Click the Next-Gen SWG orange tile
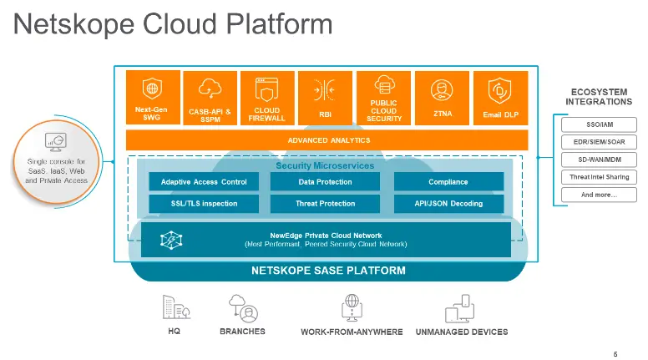[x=152, y=98]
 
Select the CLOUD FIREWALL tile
[x=267, y=98]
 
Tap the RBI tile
[x=326, y=98]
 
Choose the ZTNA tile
[x=443, y=98]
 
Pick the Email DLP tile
[x=501, y=98]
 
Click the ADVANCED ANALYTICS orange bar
[x=327, y=140]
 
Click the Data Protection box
[x=325, y=182]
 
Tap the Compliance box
[x=448, y=182]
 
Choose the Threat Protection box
[x=325, y=203]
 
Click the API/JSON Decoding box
[x=448, y=203]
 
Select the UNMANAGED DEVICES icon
[x=461, y=310]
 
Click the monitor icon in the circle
[x=56, y=141]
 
